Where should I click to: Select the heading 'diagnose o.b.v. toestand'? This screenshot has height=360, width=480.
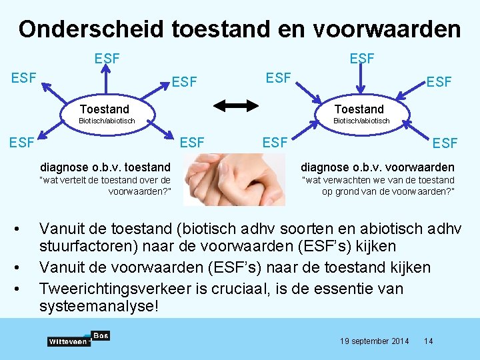pyautogui.click(x=105, y=167)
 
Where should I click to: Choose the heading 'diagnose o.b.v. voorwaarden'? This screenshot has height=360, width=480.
pyautogui.click(x=377, y=167)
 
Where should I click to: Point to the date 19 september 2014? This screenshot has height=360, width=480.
pyautogui.click(x=375, y=341)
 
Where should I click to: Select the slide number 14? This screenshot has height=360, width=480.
pyautogui.click(x=429, y=341)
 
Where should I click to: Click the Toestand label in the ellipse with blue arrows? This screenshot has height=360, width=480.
pyautogui.click(x=359, y=109)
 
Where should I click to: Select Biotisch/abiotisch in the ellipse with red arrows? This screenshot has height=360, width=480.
pyautogui.click(x=107, y=121)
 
